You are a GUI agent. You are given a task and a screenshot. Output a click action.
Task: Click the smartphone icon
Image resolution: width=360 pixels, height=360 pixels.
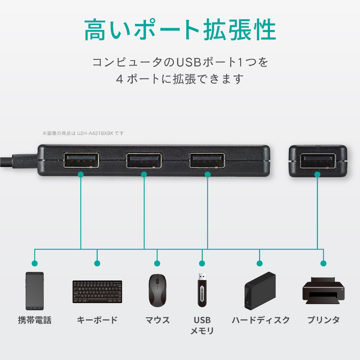coord(35,291)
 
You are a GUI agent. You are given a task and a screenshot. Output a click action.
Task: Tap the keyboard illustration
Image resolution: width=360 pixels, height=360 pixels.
coord(97,292)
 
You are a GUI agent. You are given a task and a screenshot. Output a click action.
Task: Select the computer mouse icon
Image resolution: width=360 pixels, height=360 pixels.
coord(157,291)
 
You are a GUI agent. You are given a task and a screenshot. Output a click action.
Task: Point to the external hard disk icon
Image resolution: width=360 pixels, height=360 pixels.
coord(260,291)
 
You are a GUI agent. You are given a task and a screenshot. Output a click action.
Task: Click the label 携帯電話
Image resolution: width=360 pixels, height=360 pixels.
coord(35,320)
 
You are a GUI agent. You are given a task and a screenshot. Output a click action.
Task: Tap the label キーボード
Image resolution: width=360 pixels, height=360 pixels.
coord(97,320)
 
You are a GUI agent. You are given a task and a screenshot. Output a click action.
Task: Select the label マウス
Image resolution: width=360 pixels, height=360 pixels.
coord(157,320)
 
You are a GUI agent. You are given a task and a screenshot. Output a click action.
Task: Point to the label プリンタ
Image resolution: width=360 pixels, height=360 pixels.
coord(323,320)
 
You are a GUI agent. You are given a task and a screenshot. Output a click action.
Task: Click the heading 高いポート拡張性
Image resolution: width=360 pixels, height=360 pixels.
coord(180,31)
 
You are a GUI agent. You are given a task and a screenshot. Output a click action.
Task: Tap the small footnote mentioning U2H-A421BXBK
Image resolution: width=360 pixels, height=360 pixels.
coord(83,134)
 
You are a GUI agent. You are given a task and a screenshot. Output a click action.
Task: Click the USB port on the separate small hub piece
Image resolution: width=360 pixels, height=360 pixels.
coord(318,161)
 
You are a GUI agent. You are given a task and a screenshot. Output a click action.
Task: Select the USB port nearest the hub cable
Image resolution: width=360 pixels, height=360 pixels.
coord(81,161)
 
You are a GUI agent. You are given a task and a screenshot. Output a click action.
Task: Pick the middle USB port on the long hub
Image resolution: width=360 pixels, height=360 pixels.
coord(144,161)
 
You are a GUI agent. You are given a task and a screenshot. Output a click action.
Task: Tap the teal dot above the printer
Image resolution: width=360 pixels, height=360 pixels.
coord(323,264)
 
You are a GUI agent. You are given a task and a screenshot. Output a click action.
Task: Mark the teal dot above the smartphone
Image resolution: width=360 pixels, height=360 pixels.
coord(35,264)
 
